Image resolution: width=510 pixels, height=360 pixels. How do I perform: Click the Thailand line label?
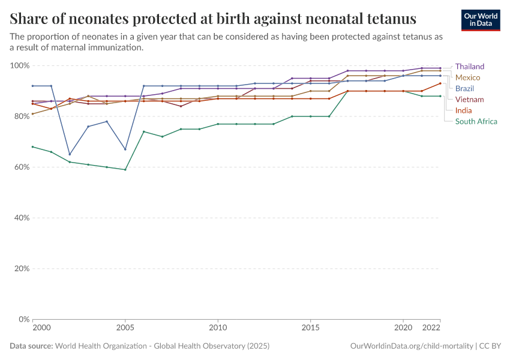[x=469, y=67]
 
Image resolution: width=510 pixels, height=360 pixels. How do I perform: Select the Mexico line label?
[x=467, y=77]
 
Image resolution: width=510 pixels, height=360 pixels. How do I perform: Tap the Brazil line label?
[x=464, y=88]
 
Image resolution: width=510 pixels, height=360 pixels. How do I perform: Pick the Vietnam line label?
[x=469, y=99]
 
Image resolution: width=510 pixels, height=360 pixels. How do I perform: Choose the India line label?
[x=463, y=110]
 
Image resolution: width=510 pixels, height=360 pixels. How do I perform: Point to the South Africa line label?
[x=476, y=121]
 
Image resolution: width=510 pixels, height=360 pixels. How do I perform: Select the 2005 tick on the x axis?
[x=125, y=329]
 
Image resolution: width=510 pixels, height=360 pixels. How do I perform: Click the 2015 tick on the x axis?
[x=310, y=329]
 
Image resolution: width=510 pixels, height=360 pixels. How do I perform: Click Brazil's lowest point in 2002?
[x=70, y=154]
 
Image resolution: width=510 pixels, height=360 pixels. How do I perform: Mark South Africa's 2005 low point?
[x=125, y=170]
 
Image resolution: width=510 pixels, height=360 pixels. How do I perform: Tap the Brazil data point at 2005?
[x=125, y=149]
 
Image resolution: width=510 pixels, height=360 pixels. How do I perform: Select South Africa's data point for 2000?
[x=32, y=146]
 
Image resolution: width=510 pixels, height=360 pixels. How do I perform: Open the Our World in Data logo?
[x=480, y=19]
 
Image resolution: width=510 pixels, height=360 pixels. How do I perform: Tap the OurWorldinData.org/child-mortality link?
[x=411, y=346]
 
